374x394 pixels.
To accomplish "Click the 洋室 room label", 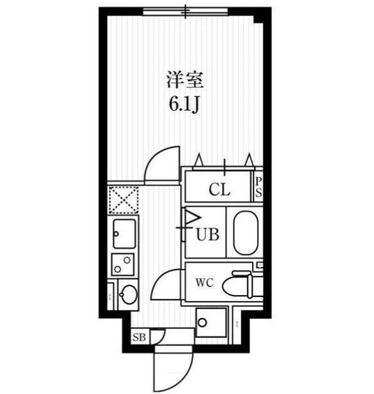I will (185, 80).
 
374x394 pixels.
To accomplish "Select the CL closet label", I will (219, 189).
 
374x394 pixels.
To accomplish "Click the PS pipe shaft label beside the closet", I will (258, 187).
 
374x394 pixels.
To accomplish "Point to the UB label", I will (207, 235).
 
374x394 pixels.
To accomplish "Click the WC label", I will (205, 284).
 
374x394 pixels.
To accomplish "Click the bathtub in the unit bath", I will (245, 233).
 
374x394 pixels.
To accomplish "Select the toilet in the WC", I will (241, 285).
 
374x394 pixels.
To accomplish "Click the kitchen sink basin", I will (123, 234).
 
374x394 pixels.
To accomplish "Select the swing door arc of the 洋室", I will (164, 164).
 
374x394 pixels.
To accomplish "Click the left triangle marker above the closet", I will (199, 161).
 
